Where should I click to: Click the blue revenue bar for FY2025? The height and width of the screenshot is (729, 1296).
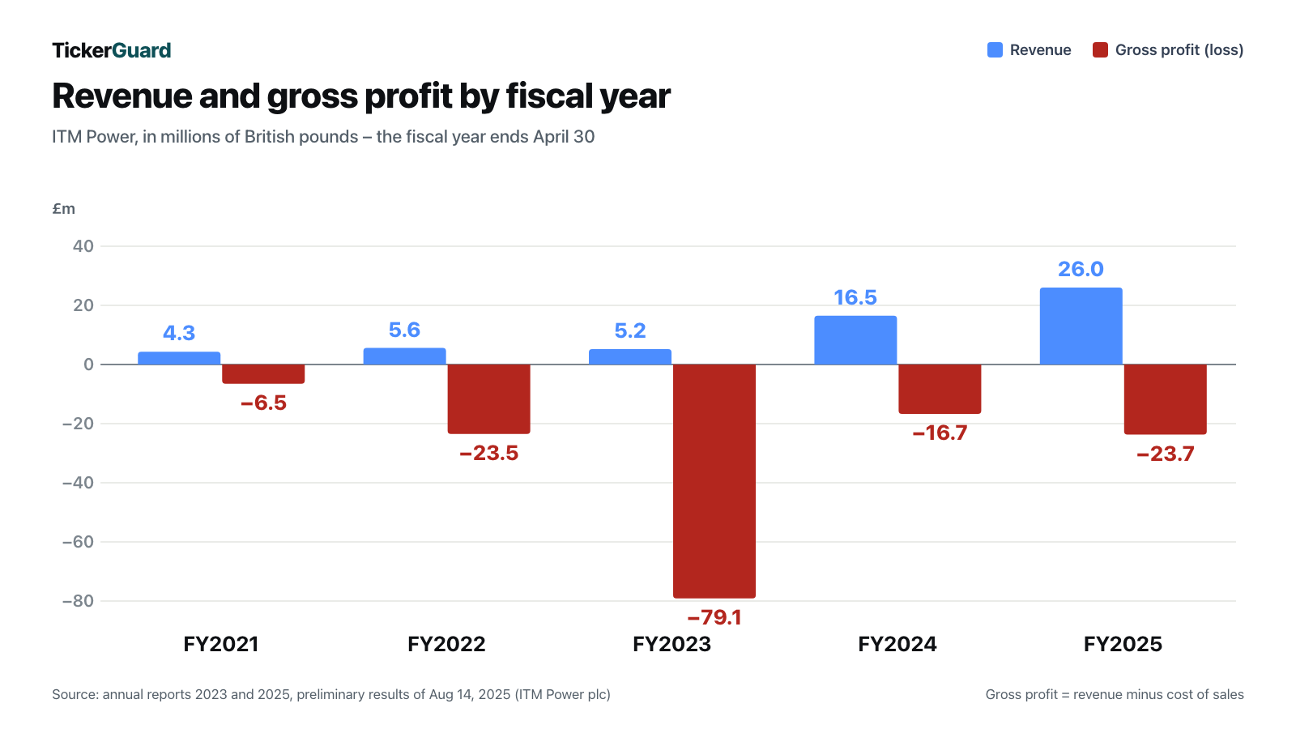[x=1081, y=326]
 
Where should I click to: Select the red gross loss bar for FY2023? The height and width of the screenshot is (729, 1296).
[x=714, y=481]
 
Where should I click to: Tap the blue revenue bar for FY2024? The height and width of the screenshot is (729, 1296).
[x=855, y=340]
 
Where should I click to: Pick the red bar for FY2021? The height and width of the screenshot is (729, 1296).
[x=263, y=373]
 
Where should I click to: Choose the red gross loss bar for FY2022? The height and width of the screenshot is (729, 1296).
[x=489, y=399]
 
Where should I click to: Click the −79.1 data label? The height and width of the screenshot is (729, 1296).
[x=714, y=617]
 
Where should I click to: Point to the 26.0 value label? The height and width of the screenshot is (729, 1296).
[x=1081, y=269]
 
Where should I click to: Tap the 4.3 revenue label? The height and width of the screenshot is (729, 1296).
[x=179, y=333]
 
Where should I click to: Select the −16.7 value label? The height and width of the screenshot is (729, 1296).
[x=940, y=433]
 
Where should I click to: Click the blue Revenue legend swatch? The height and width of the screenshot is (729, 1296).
[x=995, y=49]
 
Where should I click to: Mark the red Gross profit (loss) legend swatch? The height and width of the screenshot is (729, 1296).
[x=1100, y=49]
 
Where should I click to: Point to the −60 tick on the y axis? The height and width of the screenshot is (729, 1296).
[x=78, y=542]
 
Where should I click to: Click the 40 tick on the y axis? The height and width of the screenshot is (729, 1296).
[x=83, y=246]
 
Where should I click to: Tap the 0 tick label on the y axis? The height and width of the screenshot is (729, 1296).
[x=88, y=364]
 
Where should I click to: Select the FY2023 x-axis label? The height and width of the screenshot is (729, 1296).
[x=671, y=644]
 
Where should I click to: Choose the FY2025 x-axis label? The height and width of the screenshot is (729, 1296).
[x=1123, y=644]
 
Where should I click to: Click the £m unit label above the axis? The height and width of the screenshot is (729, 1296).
[x=64, y=209]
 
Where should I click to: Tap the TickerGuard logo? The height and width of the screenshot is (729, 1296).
[x=112, y=50]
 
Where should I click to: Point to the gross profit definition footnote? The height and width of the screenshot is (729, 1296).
[x=1115, y=694]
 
